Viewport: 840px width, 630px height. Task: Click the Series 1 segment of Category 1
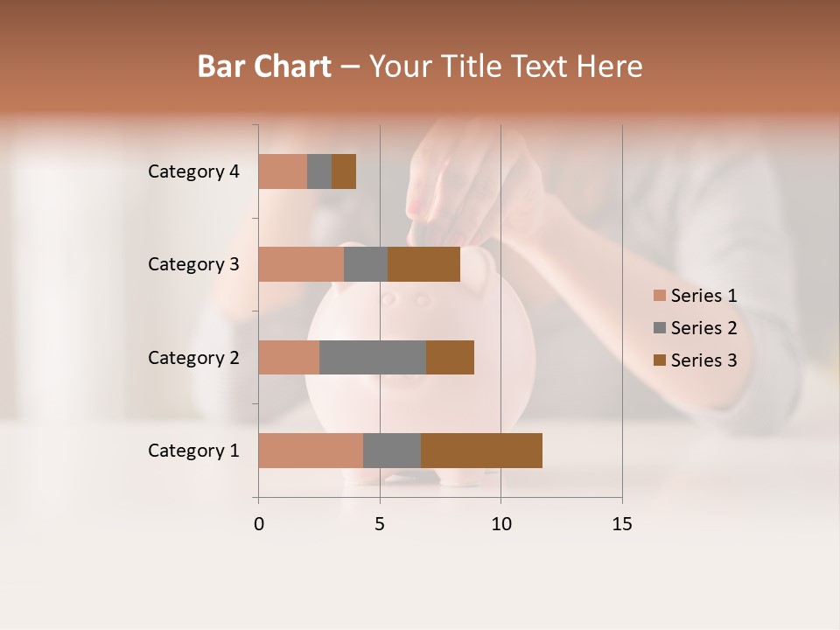[311, 450]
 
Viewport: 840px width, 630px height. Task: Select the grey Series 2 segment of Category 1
[392, 450]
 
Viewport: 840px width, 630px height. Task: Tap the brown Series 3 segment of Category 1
[481, 450]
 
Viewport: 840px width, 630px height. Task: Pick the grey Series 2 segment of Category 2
[373, 357]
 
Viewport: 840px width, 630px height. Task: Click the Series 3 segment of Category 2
[450, 357]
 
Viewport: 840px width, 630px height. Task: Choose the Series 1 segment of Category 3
[301, 264]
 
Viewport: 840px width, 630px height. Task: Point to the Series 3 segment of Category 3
[423, 264]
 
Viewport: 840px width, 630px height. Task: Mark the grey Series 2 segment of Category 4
[319, 171]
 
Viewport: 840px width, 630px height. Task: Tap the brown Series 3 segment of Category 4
[344, 171]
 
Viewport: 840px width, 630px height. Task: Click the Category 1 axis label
[193, 451]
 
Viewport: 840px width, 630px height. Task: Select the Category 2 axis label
[193, 358]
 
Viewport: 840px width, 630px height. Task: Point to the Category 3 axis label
[193, 264]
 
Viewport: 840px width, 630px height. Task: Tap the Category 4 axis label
[193, 171]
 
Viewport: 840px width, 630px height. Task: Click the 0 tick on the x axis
[259, 524]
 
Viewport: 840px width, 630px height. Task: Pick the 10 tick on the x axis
[500, 524]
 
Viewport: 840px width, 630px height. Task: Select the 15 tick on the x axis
[621, 524]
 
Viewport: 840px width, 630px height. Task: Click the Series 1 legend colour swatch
[660, 296]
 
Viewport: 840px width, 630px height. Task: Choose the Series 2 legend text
[703, 328]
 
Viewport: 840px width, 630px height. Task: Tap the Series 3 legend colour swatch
[660, 360]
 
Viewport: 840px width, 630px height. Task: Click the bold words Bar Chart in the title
[264, 66]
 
